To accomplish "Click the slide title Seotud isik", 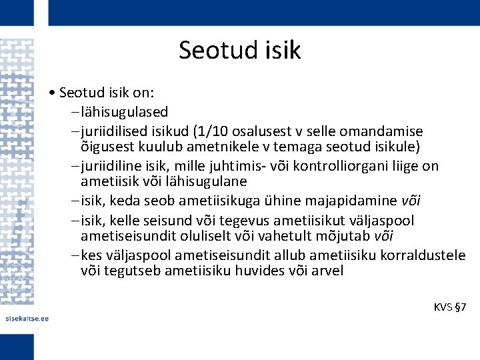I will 239,50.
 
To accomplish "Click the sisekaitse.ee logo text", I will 27,318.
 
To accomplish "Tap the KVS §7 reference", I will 450,307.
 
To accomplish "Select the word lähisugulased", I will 124,111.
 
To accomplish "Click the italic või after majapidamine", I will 411,201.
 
